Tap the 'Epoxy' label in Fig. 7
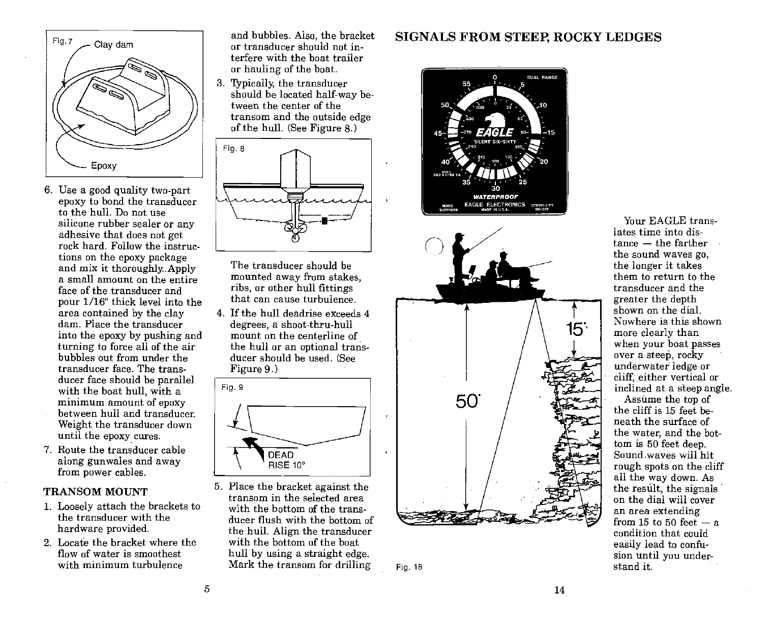(x=104, y=166)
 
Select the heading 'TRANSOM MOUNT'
(x=96, y=492)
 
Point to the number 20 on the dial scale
(x=543, y=162)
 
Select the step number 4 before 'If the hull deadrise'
(x=220, y=314)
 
